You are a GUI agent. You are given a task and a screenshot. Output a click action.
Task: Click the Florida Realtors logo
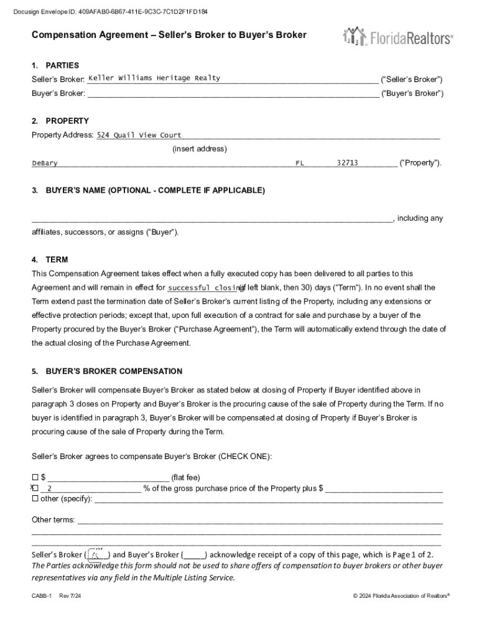click(398, 37)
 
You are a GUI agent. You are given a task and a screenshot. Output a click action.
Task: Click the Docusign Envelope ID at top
click(113, 12)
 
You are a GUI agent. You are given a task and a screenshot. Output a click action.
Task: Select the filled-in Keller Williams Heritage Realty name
click(154, 78)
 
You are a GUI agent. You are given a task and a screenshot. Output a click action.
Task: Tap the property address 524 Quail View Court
click(139, 135)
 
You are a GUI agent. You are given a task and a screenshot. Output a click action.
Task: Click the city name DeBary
click(45, 163)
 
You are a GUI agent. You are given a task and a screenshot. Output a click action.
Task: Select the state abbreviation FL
click(300, 163)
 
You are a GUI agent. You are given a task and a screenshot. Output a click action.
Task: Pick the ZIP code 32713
click(347, 163)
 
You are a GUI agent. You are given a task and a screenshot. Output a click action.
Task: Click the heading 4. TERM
click(50, 259)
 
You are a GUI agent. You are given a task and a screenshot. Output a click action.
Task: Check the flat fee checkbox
click(35, 477)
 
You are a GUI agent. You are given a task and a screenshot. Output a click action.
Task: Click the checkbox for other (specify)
click(35, 498)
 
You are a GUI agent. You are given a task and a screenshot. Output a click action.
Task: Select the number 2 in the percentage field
click(50, 488)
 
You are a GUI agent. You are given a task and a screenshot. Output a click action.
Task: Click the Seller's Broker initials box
click(97, 554)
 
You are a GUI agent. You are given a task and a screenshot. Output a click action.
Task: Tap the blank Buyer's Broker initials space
click(193, 555)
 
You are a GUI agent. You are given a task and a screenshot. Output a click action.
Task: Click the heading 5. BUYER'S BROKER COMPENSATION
click(107, 371)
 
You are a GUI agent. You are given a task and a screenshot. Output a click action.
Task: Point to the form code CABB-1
click(42, 596)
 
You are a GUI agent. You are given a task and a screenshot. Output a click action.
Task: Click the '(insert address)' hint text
click(200, 149)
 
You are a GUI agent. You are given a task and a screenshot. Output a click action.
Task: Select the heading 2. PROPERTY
click(60, 121)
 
